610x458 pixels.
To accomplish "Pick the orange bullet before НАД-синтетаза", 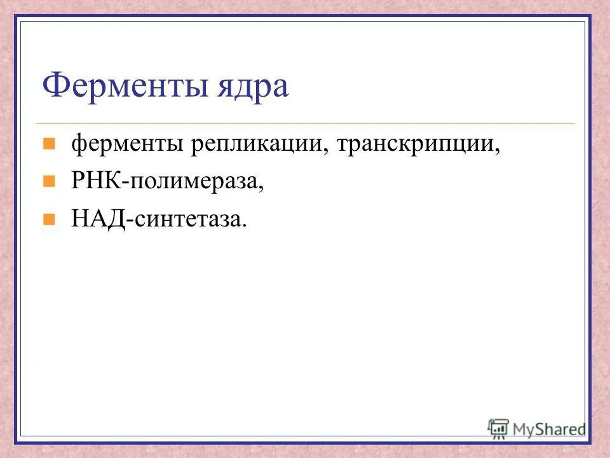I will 48,219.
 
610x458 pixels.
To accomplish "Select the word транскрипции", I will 417,145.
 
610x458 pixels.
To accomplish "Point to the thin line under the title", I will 305,123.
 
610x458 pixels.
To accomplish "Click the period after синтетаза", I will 243,226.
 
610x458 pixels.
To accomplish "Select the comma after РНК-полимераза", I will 261,190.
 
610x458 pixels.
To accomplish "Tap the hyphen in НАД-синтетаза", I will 130,221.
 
